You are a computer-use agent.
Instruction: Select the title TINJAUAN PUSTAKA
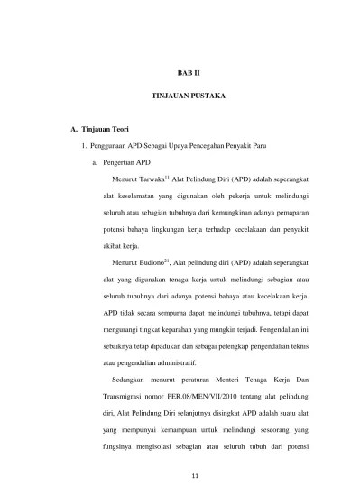click(x=180, y=95)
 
